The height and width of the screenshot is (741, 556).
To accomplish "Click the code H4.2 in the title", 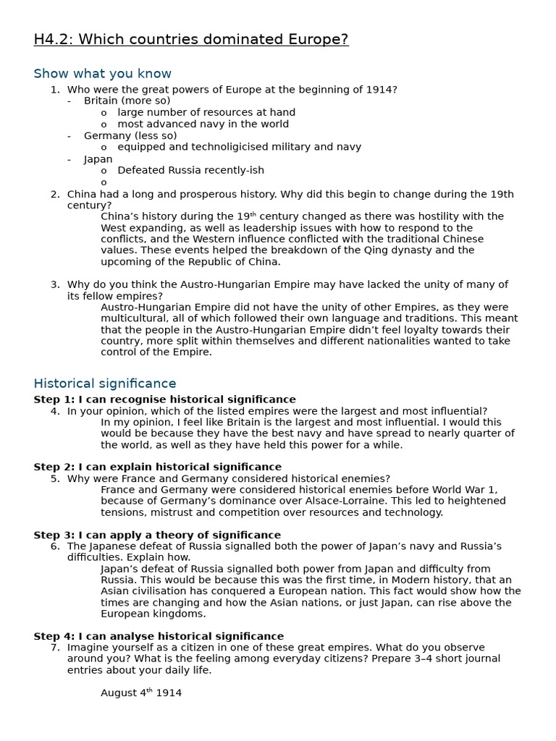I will tap(52, 40).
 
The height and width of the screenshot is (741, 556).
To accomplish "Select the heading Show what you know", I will tap(102, 74).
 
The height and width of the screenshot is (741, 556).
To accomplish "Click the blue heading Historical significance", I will tap(105, 384).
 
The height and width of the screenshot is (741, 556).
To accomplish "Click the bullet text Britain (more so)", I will tap(127, 101).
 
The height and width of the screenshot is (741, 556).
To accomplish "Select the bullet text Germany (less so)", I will tap(130, 135).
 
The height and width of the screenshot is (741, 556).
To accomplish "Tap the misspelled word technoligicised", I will tap(214, 147).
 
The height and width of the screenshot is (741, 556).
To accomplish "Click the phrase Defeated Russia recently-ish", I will tap(190, 170).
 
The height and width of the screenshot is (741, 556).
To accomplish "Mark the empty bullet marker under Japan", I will tap(104, 182).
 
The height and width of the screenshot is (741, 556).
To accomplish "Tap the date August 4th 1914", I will tap(141, 693).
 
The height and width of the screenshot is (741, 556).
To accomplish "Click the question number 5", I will tap(55, 478).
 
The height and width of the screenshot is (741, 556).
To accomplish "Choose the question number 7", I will tap(55, 648).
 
